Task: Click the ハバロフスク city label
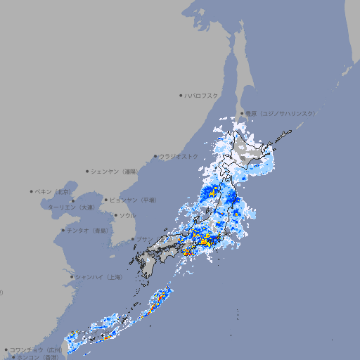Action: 202,95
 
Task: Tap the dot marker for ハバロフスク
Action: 181,95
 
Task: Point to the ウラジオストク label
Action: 179,156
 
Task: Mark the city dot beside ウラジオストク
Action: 155,156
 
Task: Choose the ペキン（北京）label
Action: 54,191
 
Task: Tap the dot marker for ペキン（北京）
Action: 32,191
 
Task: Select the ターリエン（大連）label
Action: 71,207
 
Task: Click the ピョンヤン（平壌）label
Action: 134,200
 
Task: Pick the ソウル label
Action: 127,215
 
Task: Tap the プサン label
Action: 143,239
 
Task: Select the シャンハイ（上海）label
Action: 99,277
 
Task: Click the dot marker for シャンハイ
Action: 72,277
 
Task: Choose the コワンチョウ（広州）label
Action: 36,349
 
